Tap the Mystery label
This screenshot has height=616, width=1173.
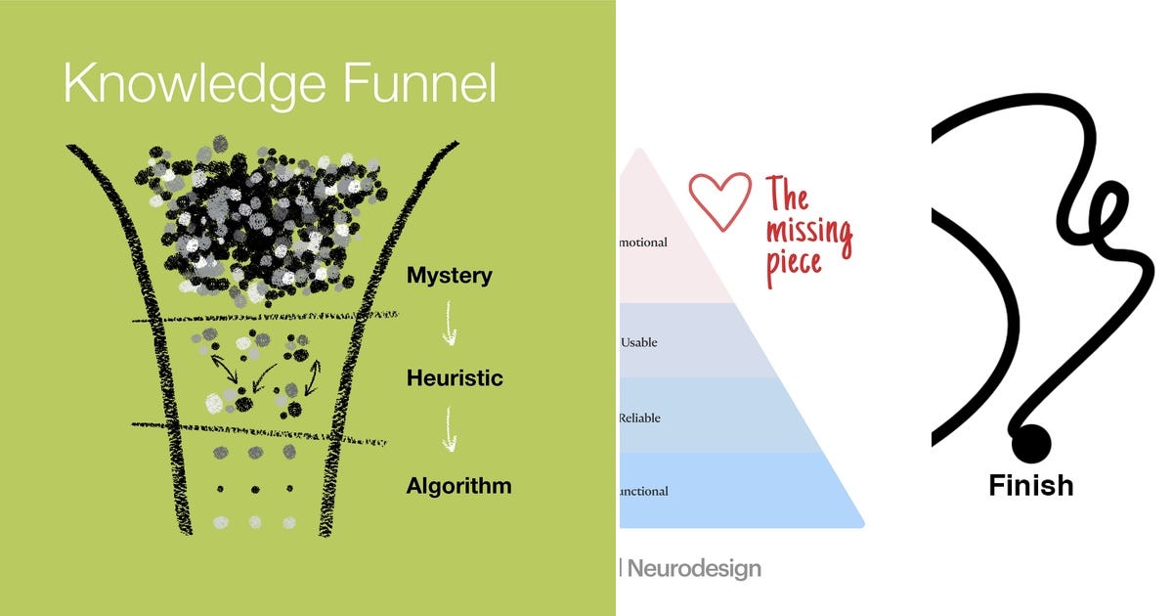tap(449, 276)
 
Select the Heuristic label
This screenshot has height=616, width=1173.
tap(455, 377)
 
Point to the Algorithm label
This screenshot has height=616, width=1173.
tap(458, 485)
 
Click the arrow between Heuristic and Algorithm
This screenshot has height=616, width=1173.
tap(449, 429)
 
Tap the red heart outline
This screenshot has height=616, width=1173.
tap(720, 201)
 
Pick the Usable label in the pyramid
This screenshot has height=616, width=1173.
tap(639, 342)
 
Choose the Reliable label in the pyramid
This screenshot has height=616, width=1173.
tap(640, 418)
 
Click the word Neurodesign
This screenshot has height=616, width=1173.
tap(694, 568)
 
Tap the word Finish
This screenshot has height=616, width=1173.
tap(1030, 485)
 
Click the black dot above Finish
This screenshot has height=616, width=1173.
tap(1030, 444)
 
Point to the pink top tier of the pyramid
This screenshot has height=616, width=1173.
tap(665, 254)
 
